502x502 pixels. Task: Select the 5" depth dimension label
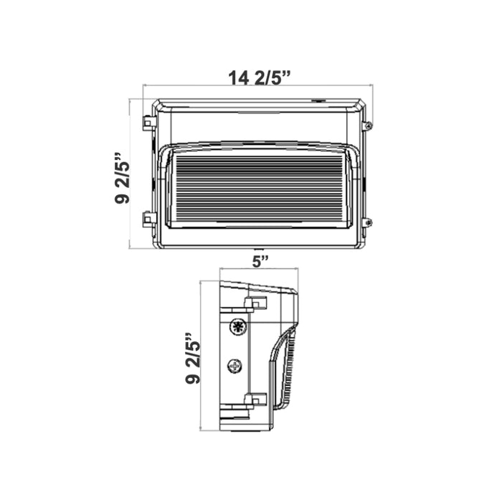pos(260,262)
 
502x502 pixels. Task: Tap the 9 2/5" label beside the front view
pos(122,179)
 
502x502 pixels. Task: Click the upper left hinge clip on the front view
pos(148,123)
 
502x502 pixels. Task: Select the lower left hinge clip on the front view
pos(148,218)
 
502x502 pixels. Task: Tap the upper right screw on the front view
pos(369,126)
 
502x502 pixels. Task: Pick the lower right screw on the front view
pos(369,222)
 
